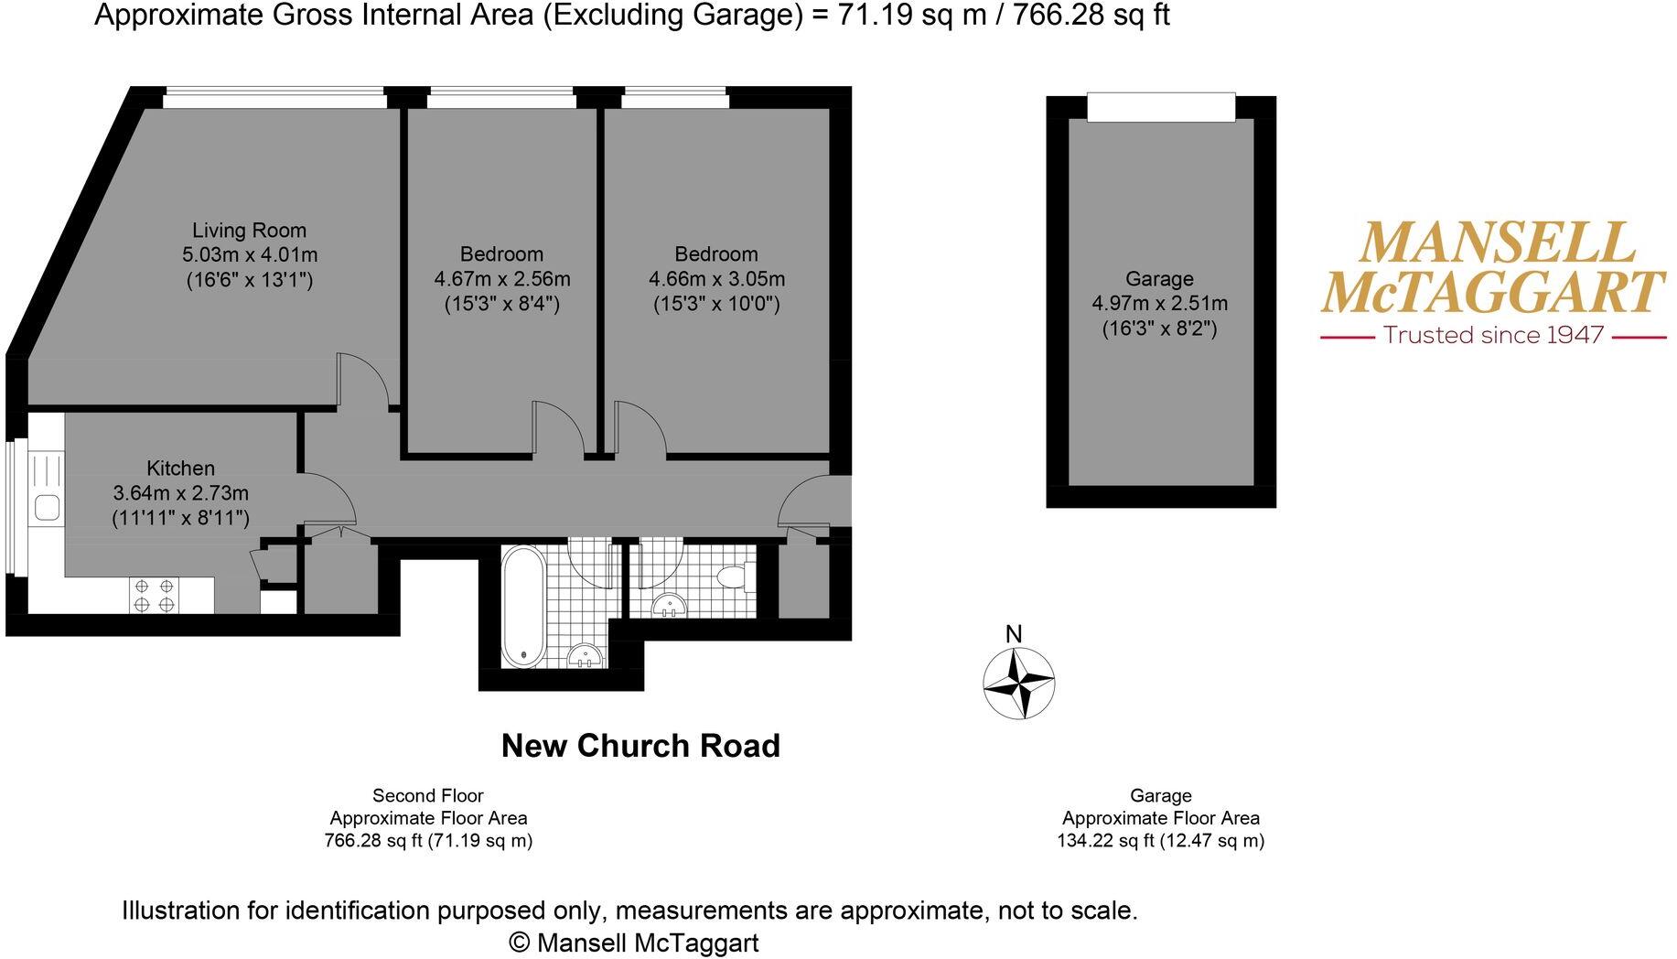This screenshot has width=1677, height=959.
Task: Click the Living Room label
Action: (x=249, y=231)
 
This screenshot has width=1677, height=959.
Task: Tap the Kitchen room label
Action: (x=180, y=469)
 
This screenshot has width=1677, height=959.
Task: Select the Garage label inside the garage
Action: (x=1159, y=279)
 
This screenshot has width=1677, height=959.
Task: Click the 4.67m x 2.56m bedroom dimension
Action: (x=501, y=279)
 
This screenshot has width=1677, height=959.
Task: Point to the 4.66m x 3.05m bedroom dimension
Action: (x=716, y=279)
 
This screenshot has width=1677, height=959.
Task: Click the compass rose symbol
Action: (x=1018, y=683)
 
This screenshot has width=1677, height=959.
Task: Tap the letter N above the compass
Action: (x=1014, y=634)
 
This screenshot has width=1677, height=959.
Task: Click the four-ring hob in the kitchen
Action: (x=155, y=595)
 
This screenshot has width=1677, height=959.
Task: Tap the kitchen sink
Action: (x=46, y=506)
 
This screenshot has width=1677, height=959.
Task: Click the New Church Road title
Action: (x=640, y=746)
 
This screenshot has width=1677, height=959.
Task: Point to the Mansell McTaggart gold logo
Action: (x=1492, y=267)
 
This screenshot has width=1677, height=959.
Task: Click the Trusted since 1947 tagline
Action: (x=1493, y=335)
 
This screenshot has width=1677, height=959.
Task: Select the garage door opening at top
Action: (x=1161, y=106)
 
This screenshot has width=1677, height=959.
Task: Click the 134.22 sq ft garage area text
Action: (x=1160, y=841)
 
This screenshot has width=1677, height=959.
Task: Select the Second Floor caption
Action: (x=427, y=796)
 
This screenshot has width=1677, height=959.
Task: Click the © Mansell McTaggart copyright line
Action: (x=633, y=942)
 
